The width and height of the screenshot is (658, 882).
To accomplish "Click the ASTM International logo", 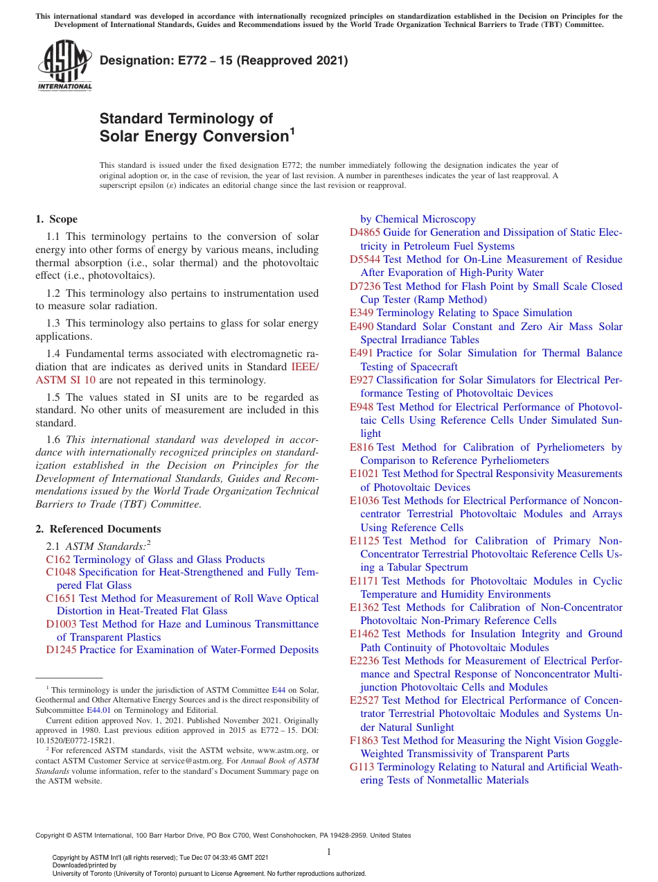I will tap(64, 65).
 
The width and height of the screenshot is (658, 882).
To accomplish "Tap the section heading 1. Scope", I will tap(57, 219).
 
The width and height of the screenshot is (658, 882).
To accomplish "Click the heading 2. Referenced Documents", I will tap(98, 529).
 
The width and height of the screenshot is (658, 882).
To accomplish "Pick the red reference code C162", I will tap(58, 560).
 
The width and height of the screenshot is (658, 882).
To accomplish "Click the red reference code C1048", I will tap(61, 572).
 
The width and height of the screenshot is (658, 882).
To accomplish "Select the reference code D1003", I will tap(61, 624).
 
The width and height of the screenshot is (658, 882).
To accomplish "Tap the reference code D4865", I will tap(365, 233).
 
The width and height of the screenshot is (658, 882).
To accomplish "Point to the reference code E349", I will tap(362, 313).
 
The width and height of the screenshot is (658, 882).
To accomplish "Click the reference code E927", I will tap(362, 380).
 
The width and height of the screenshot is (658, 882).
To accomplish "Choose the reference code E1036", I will tap(364, 501).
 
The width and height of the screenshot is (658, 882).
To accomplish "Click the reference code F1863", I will tap(364, 741).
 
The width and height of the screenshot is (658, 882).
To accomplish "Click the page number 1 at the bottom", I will tap(329, 851).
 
